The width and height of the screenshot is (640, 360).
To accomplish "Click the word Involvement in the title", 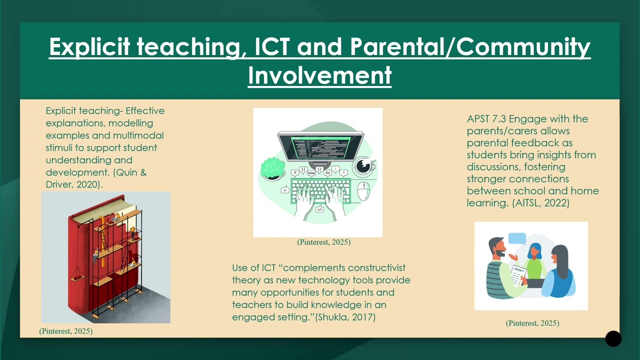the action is (319, 75).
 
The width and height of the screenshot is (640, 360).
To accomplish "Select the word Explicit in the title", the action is (89, 46).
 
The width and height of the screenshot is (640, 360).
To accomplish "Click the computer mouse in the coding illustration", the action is (363, 190).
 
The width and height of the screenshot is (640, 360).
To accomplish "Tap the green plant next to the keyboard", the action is (272, 169).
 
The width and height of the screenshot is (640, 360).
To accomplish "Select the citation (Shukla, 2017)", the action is (345, 317).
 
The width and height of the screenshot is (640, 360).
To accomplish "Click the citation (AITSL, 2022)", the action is (541, 203).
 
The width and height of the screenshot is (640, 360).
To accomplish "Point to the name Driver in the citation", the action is (59, 184).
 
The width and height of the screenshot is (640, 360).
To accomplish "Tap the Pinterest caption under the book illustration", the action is (66, 331).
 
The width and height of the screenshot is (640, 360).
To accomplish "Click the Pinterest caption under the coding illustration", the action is (323, 242).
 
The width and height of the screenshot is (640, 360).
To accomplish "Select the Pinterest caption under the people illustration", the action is (532, 323).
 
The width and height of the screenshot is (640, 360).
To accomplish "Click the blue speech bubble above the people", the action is (517, 239).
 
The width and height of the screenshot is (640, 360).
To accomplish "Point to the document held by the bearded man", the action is (518, 275).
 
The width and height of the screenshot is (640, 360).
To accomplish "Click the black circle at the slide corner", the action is (613, 339).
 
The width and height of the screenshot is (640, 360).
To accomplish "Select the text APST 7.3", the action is (486, 118).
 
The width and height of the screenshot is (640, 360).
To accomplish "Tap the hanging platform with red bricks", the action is (77, 277).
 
